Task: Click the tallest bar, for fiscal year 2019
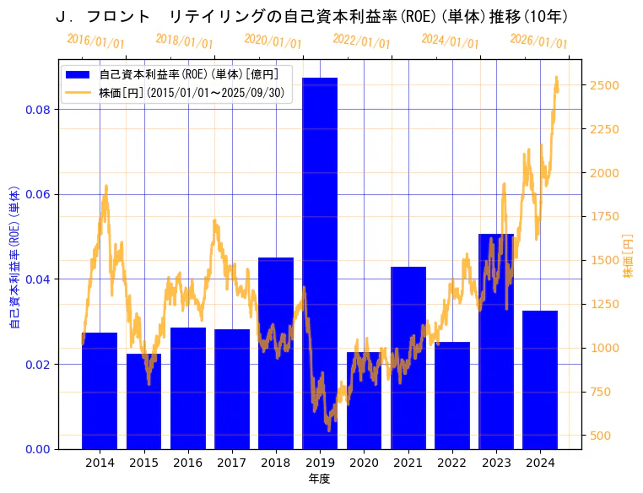pyautogui.click(x=320, y=263)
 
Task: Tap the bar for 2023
pyautogui.click(x=496, y=341)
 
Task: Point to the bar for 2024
pyautogui.click(x=540, y=379)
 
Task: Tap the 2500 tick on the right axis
pyautogui.click(x=604, y=85)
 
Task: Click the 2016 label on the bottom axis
pyautogui.click(x=187, y=463)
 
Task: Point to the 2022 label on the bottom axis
pyautogui.click(x=451, y=463)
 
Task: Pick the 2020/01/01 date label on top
pyautogui.click(x=273, y=41)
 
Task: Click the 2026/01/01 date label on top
pyautogui.click(x=538, y=41)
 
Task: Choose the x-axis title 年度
pyautogui.click(x=319, y=479)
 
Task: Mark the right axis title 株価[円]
pyautogui.click(x=628, y=257)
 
